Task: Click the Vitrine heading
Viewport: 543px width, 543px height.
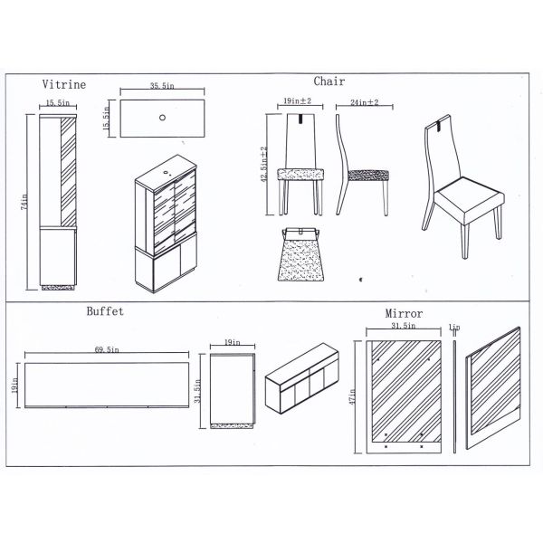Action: [x=64, y=84]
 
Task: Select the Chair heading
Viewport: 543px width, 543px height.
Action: [x=329, y=81]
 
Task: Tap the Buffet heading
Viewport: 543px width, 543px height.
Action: [x=105, y=310]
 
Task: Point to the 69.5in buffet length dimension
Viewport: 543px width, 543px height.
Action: [x=108, y=348]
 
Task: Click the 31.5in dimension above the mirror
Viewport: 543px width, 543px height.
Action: [x=403, y=326]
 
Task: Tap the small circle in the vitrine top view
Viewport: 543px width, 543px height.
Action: [x=162, y=118]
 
